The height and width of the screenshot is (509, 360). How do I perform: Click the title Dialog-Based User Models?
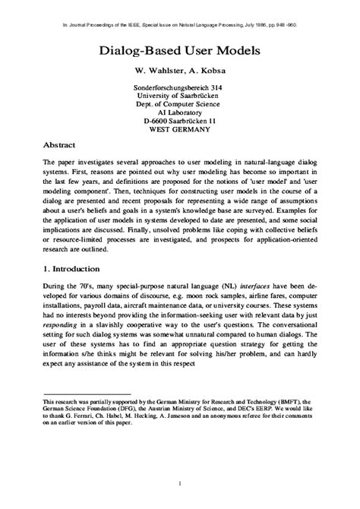[180, 52]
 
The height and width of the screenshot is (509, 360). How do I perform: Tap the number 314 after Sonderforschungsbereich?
[220, 88]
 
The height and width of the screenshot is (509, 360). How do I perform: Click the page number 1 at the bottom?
[180, 484]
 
